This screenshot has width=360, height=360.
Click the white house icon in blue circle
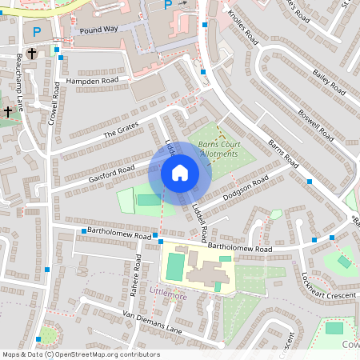180,172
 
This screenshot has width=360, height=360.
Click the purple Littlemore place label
168,295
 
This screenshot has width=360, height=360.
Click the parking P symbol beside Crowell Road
37,32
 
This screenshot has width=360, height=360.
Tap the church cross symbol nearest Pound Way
31,54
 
